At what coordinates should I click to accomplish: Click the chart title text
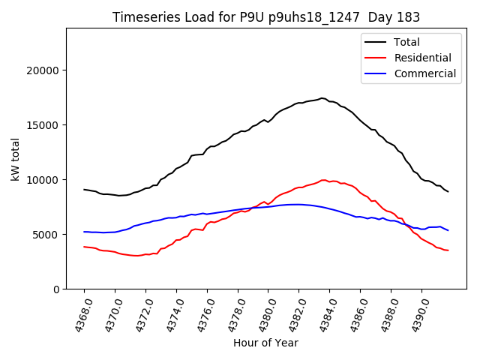click(266, 17)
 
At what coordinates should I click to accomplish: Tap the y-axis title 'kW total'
click(16, 158)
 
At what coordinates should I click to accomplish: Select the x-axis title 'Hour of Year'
click(265, 343)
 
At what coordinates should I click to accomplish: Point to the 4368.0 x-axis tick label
click(78, 312)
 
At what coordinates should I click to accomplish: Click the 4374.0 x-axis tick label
click(170, 312)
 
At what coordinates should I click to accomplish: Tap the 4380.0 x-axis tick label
click(262, 312)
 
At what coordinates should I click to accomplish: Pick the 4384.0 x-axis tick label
click(323, 312)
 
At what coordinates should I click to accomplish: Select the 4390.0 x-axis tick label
click(415, 312)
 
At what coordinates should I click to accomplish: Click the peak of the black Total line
click(322, 98)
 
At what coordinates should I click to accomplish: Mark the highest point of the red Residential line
click(324, 180)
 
